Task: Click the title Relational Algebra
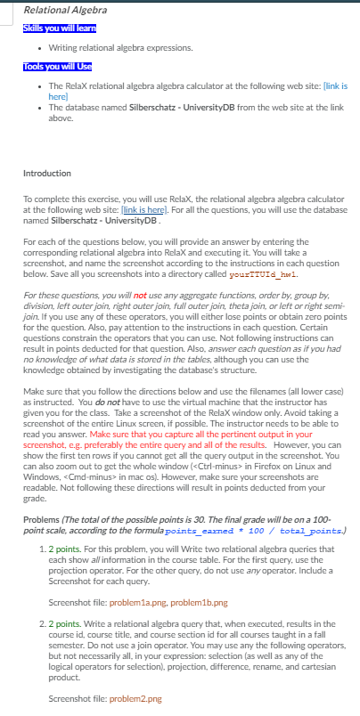click(57, 11)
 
